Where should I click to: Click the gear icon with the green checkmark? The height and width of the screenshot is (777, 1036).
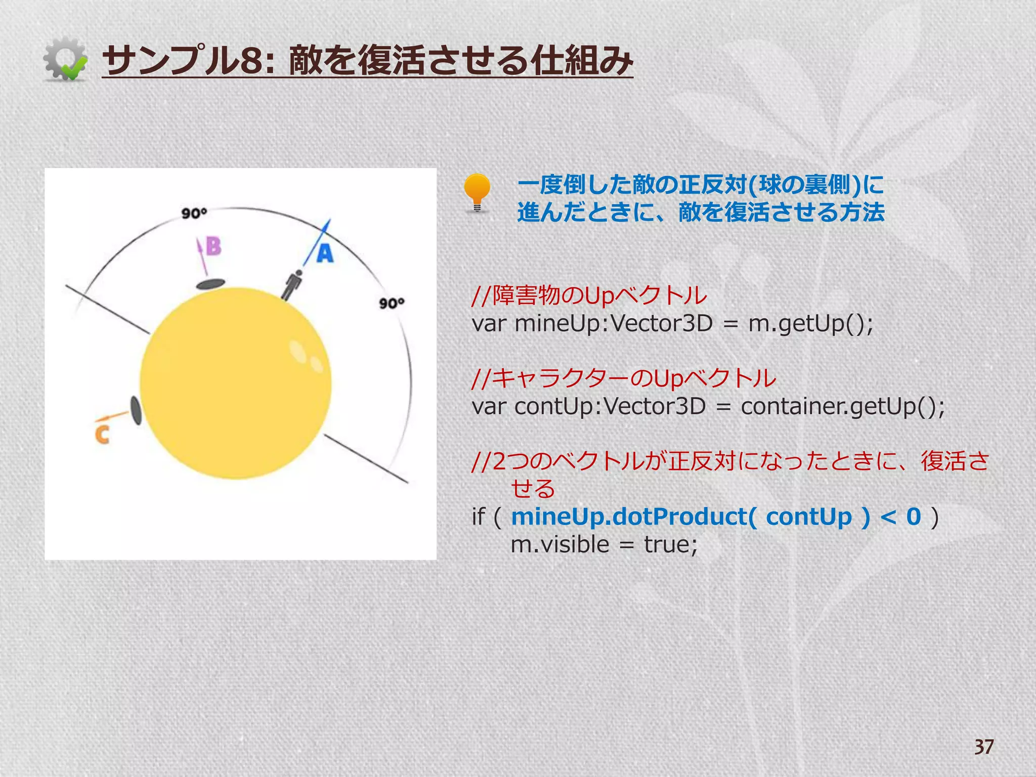pyautogui.click(x=65, y=59)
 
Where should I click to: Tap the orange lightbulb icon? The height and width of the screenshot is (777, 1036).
pyautogui.click(x=477, y=192)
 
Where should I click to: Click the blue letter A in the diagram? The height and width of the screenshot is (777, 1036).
pyautogui.click(x=325, y=253)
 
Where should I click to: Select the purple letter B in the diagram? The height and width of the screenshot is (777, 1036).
pyautogui.click(x=214, y=246)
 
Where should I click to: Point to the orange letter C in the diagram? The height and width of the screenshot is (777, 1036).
pyautogui.click(x=102, y=435)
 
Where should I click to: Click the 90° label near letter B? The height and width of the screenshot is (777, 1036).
pyautogui.click(x=194, y=213)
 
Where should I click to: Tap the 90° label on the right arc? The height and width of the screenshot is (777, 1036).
pyautogui.click(x=392, y=303)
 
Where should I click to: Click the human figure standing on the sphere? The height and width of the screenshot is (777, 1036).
pyautogui.click(x=292, y=285)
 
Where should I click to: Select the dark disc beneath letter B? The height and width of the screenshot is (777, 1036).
pyautogui.click(x=210, y=284)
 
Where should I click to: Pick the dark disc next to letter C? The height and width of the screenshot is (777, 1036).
pyautogui.click(x=136, y=410)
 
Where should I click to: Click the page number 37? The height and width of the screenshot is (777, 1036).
pyautogui.click(x=984, y=747)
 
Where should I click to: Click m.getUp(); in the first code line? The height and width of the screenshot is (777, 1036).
pyautogui.click(x=810, y=323)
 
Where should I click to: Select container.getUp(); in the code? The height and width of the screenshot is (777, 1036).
pyautogui.click(x=843, y=406)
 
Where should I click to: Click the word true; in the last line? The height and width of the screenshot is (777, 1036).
pyautogui.click(x=671, y=545)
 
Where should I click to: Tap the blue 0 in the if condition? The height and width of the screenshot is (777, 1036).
pyautogui.click(x=914, y=516)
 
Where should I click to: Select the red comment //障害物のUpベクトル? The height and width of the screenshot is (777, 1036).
pyautogui.click(x=589, y=295)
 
